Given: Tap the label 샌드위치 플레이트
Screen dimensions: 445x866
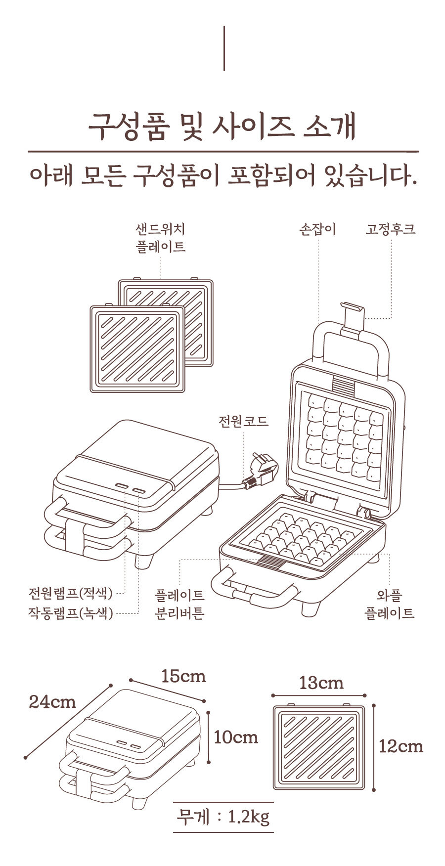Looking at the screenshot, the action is (161, 238).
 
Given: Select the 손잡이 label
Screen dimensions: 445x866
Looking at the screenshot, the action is (318, 229).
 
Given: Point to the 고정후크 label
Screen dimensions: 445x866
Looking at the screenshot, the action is (391, 229).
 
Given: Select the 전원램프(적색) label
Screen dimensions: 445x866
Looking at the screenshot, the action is (71, 592).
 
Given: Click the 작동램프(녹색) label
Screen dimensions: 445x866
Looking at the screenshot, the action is (71, 613).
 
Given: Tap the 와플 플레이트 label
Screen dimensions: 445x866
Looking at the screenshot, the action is (390, 604).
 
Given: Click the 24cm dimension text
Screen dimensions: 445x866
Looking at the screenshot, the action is (52, 701).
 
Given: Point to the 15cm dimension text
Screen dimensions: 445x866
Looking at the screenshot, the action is (183, 676).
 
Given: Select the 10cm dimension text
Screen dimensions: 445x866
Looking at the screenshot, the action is (236, 737).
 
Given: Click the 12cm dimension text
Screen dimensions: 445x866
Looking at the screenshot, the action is (401, 745).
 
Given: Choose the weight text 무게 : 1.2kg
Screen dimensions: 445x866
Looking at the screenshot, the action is (223, 817).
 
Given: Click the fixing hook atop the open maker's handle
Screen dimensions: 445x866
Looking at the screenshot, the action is (352, 317).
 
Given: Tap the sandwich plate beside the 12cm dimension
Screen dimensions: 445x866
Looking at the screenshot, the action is (319, 747).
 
